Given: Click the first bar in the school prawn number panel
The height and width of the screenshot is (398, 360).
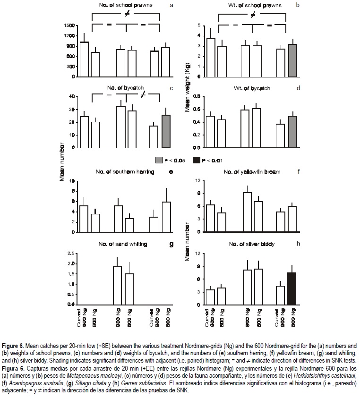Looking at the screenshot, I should pos(84,59).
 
